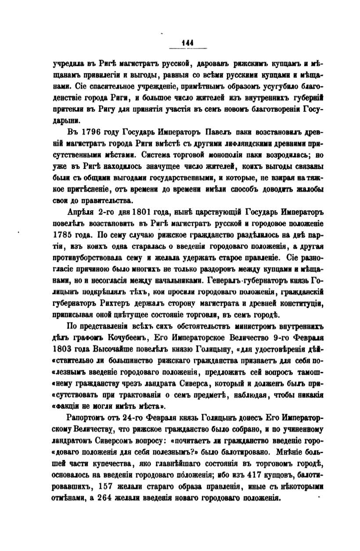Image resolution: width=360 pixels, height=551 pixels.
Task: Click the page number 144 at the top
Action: point(188,42)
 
